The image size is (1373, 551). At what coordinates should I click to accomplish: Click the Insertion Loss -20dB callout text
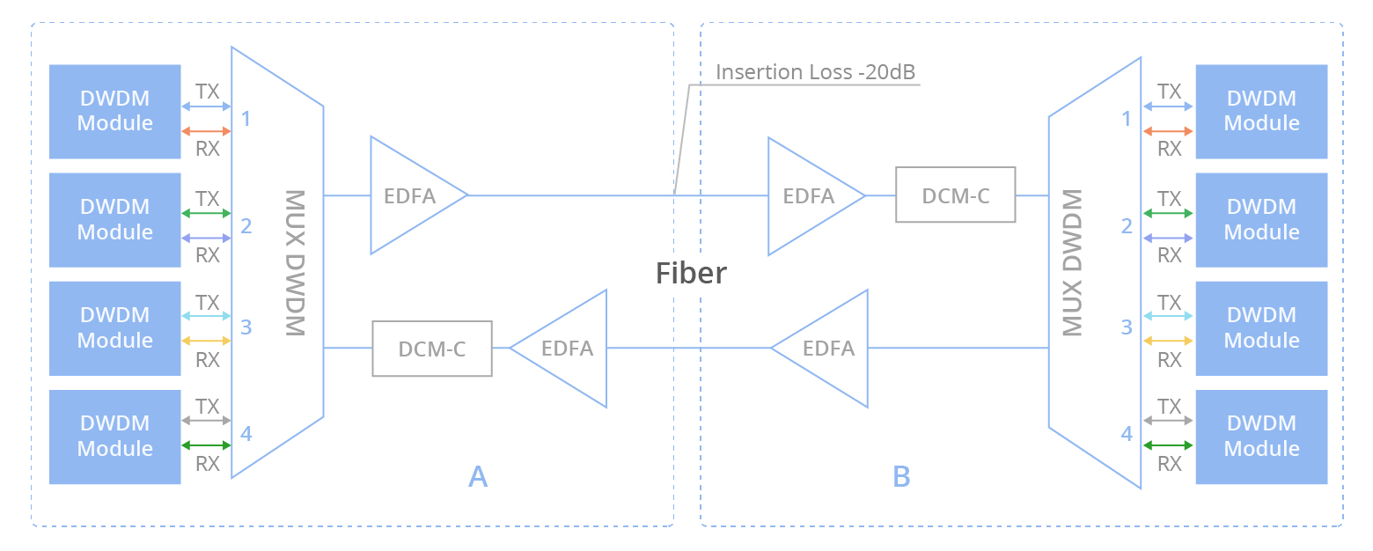pyautogui.click(x=815, y=72)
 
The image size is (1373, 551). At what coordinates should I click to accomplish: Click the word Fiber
pyautogui.click(x=691, y=273)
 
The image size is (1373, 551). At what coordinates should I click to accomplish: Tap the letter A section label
pyautogui.click(x=477, y=476)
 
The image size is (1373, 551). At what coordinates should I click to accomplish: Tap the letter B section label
pyautogui.click(x=901, y=476)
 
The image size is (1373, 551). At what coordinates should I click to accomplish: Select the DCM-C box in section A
pyautogui.click(x=432, y=349)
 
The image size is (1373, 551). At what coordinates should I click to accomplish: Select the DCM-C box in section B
pyautogui.click(x=956, y=195)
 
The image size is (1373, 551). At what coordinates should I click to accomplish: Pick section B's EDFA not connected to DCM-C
pyautogui.click(x=827, y=349)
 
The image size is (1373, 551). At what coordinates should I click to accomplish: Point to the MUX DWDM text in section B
pyautogui.click(x=1071, y=263)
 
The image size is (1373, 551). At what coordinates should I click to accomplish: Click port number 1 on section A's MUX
pyautogui.click(x=246, y=118)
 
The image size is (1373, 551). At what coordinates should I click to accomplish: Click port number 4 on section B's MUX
pyautogui.click(x=1127, y=434)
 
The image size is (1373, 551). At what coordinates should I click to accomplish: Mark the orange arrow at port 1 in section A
pyautogui.click(x=206, y=131)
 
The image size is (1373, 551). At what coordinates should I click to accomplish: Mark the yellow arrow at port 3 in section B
pyautogui.click(x=1168, y=341)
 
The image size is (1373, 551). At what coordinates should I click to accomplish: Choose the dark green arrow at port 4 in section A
pyautogui.click(x=206, y=445)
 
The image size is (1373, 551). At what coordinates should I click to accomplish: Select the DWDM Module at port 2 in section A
pyautogui.click(x=115, y=220)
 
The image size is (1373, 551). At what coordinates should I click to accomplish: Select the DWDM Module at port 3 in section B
pyautogui.click(x=1261, y=328)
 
